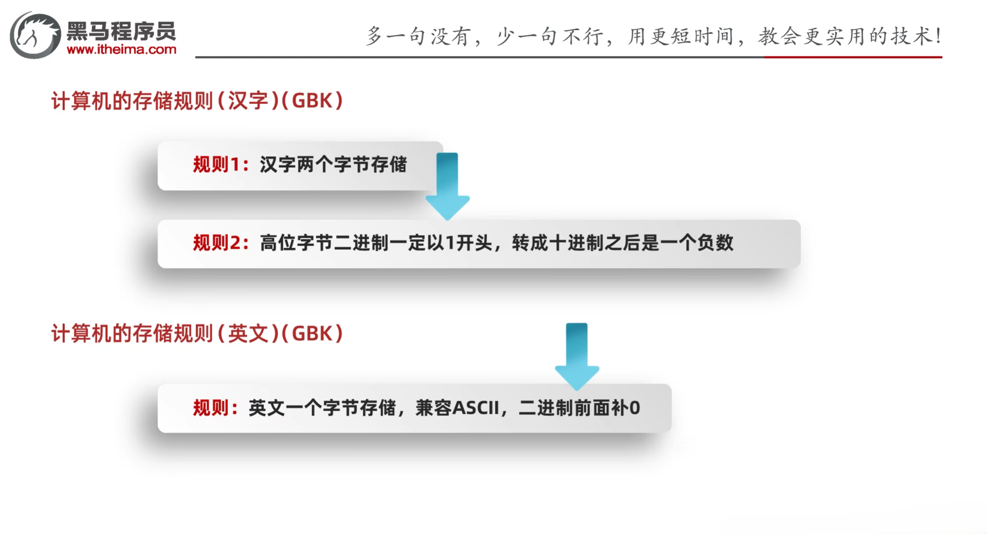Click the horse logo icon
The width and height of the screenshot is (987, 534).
pos(35,35)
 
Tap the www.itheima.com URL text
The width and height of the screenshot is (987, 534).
pos(121,50)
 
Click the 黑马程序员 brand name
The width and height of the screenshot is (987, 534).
pos(121,31)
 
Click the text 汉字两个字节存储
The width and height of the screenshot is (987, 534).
pos(333,164)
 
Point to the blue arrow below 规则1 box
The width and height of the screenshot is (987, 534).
pos(447,186)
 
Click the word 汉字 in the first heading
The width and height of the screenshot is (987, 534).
pos(248,101)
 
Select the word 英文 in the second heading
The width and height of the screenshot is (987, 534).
pos(248,334)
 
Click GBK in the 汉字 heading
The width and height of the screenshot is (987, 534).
pos(312,101)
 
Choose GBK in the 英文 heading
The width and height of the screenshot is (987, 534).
pos(312,334)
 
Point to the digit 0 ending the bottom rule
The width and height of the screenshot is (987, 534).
pos(634,408)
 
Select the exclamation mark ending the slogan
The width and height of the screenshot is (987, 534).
pos(938,36)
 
